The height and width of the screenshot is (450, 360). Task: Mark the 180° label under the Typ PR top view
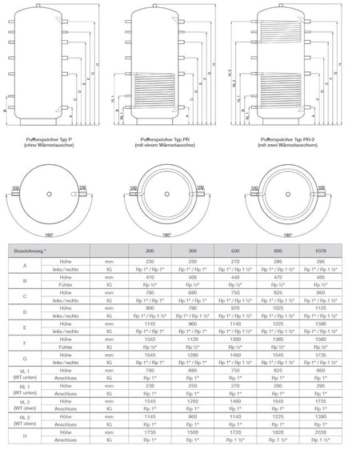point(166,235)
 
